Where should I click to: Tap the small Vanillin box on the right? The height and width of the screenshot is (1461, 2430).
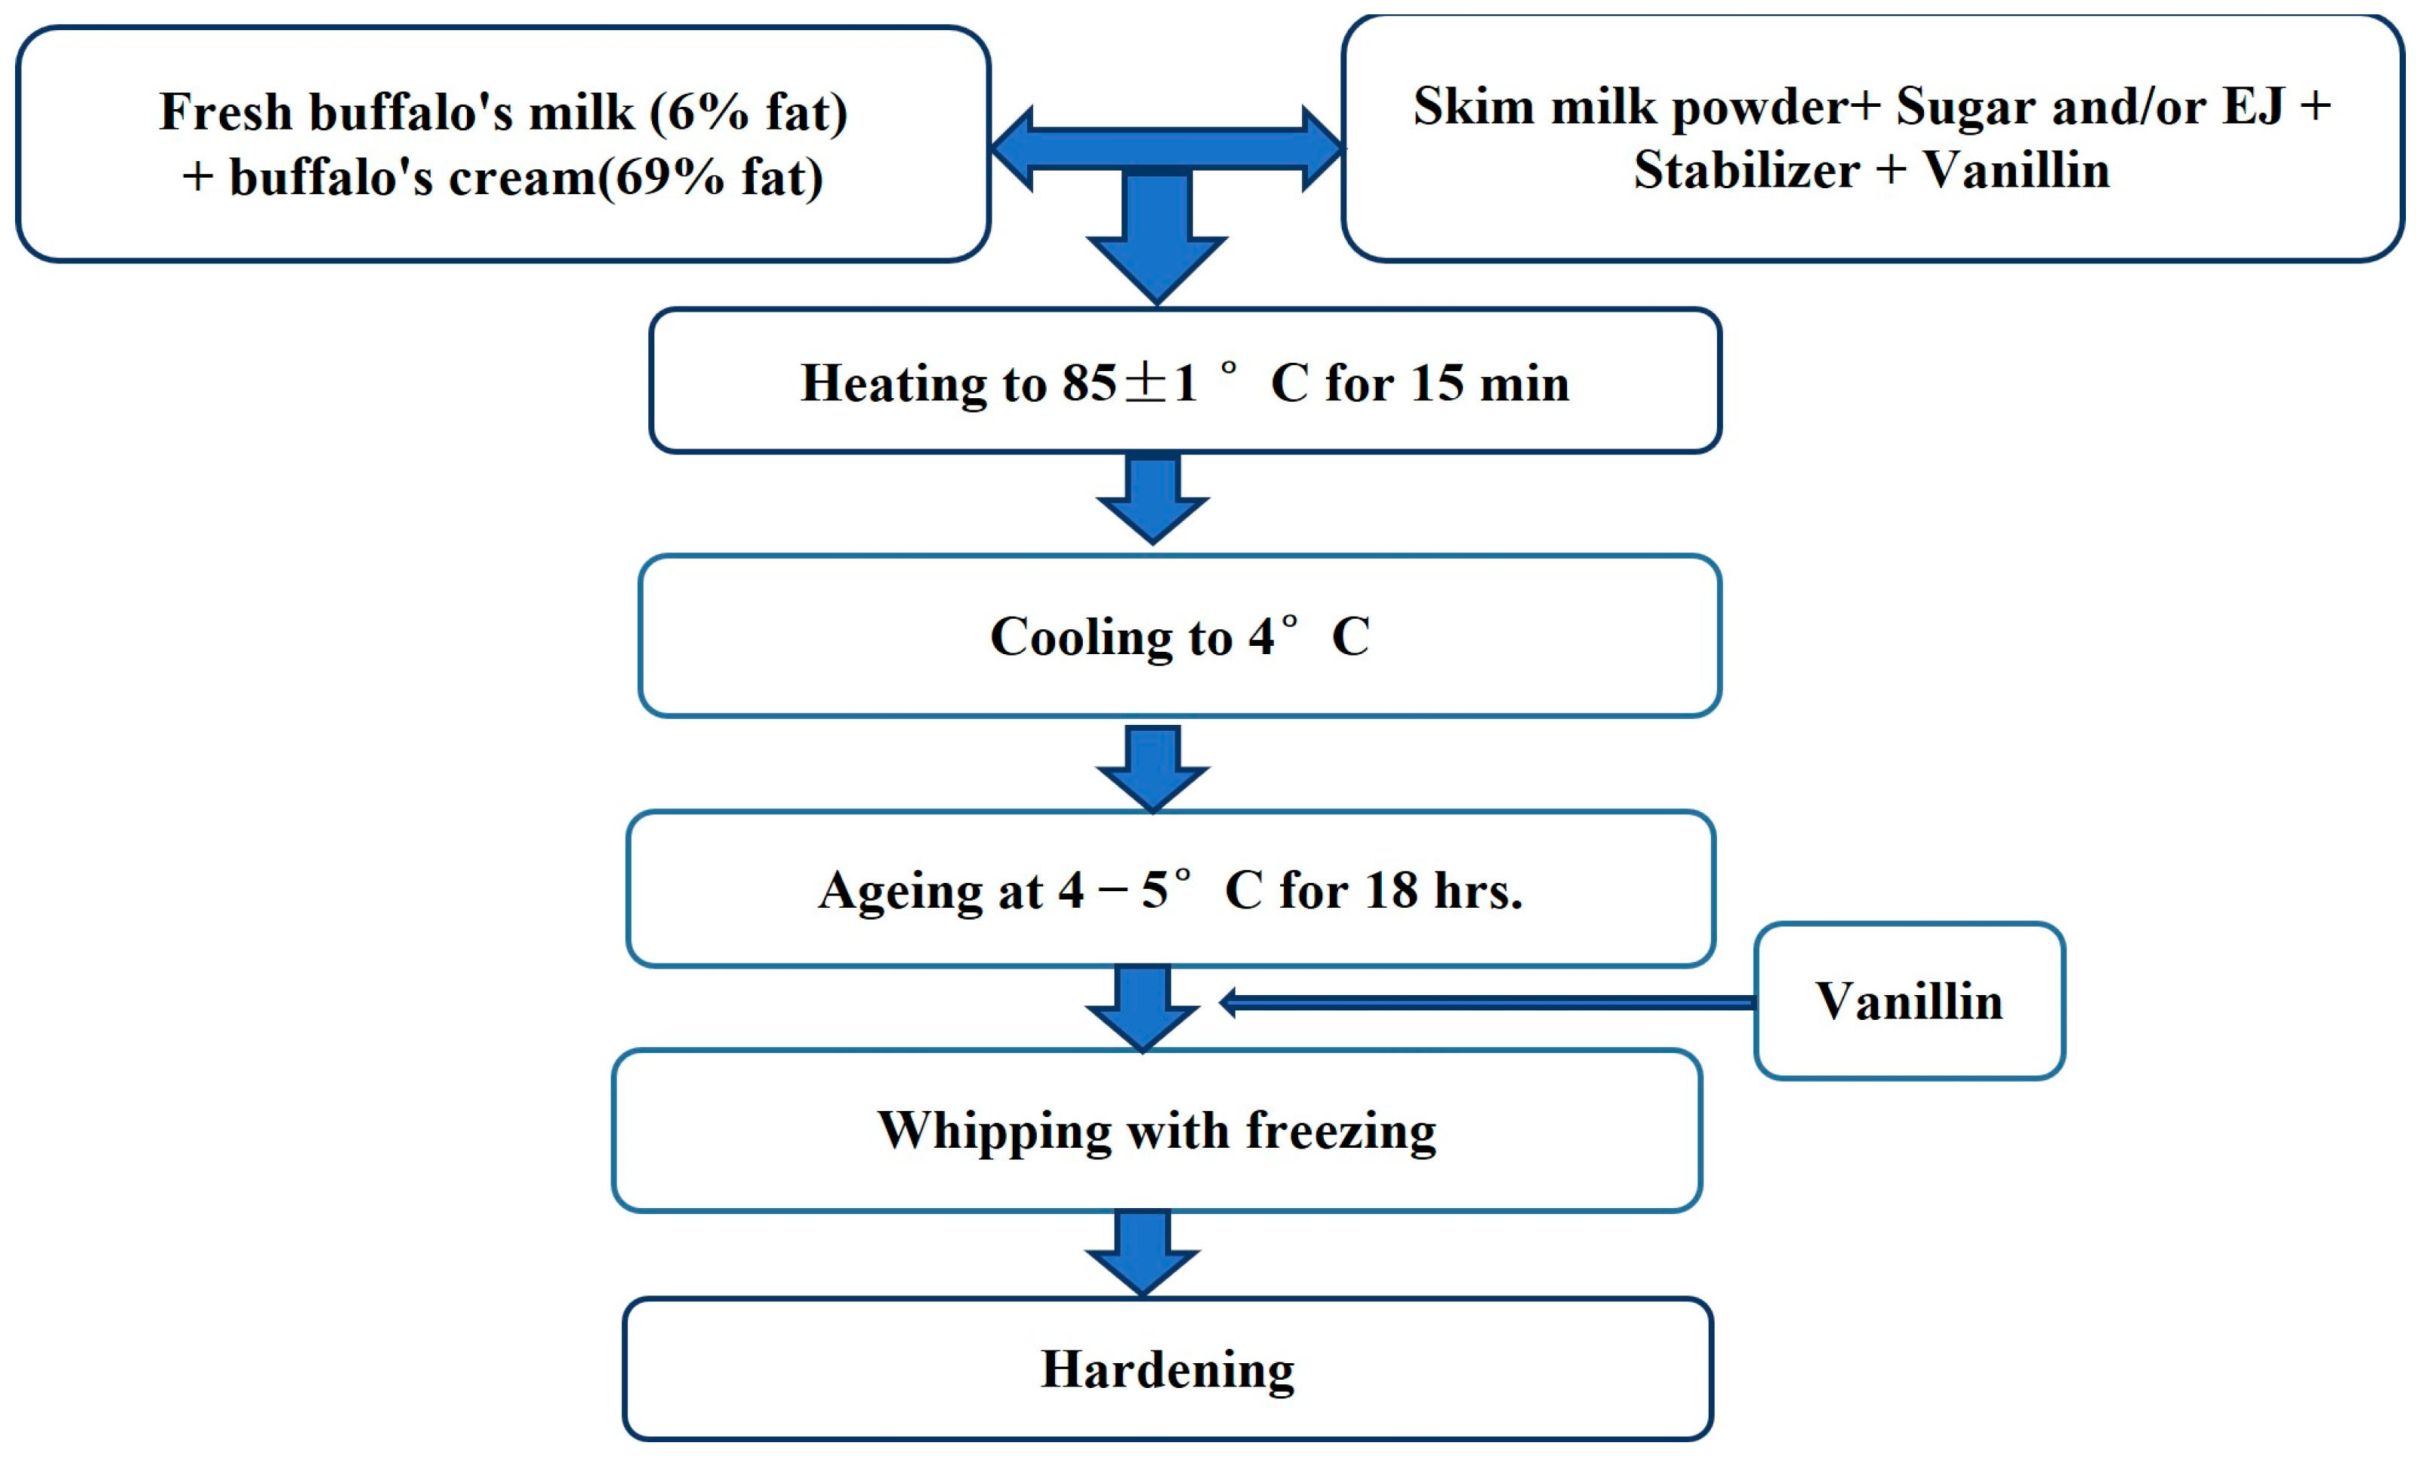coord(1908,1000)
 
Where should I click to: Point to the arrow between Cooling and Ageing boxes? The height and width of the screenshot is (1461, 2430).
coord(1152,766)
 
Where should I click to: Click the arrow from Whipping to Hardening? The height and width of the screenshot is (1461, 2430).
coord(1142,1253)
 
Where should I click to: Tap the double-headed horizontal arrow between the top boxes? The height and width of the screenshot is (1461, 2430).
coord(1166,148)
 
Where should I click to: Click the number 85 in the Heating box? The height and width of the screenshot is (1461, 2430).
coord(1089,383)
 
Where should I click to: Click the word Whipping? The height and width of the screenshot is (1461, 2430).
coord(995,1131)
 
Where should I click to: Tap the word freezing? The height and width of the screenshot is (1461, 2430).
coord(1340,1131)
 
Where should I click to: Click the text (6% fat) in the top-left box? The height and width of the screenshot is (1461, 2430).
coord(749,111)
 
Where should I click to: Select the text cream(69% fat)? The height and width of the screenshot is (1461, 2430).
coord(635,178)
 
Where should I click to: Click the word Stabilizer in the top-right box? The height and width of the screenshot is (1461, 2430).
coord(1746,170)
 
